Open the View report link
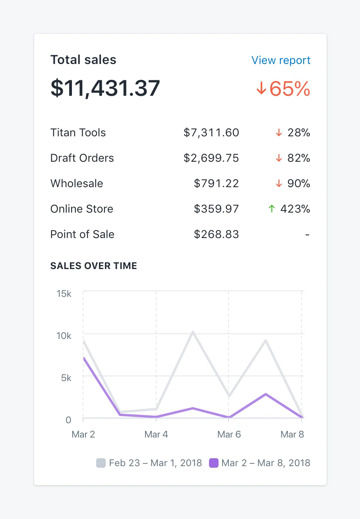tap(281, 60)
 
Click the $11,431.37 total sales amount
tap(105, 88)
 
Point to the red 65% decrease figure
tap(283, 89)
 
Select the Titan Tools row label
tap(78, 133)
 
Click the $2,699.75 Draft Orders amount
tap(211, 158)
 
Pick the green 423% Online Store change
tap(290, 209)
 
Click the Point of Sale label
tap(82, 234)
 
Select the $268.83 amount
tap(217, 234)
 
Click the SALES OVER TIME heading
tap(94, 266)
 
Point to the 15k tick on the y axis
tap(64, 294)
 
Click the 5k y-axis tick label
tap(66, 378)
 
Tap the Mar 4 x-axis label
tap(156, 434)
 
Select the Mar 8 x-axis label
tap(292, 434)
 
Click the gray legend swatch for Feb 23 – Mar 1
tap(101, 463)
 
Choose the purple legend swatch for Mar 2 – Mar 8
tap(214, 463)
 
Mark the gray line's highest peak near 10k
tap(193, 332)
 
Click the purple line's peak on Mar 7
tap(265, 394)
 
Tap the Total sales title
tap(83, 60)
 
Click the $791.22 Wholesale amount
tap(217, 184)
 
